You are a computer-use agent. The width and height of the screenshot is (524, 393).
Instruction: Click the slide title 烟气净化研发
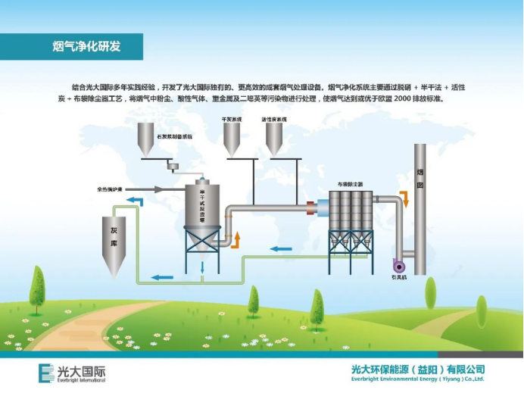tap(86, 47)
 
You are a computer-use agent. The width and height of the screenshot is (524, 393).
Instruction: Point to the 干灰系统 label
tap(232, 120)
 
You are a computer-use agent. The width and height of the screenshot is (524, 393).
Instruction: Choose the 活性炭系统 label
tap(273, 120)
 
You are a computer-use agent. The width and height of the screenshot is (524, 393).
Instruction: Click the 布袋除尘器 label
tap(350, 184)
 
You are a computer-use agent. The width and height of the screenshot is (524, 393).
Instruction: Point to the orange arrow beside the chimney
tap(404, 199)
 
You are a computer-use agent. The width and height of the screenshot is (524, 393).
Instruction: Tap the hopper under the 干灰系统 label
tap(231, 139)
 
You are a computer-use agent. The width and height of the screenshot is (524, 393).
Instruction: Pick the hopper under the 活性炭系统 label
tap(273, 139)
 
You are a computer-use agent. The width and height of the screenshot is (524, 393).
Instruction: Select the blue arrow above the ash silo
tap(134, 200)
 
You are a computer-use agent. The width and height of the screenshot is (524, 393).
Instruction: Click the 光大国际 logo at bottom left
tap(73, 373)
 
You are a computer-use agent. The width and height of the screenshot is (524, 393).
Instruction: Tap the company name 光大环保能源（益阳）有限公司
tap(417, 370)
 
